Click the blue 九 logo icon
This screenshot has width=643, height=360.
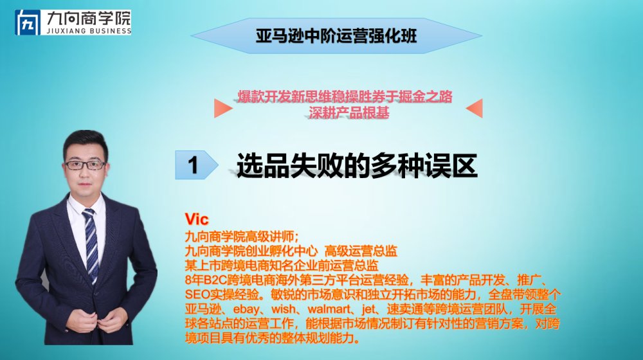pos(28,22)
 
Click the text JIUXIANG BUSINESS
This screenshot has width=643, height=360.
pos(89,31)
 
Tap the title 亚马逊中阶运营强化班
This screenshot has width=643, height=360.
pos(336,36)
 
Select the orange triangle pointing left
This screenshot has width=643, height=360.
pos(475,108)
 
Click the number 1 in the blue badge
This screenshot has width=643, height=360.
pos(193,165)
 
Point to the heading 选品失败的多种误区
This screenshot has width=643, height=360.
pos(357,166)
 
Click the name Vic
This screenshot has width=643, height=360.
pos(197,219)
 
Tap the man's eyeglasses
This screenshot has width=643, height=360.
pos(86,165)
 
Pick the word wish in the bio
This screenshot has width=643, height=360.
pos(284,309)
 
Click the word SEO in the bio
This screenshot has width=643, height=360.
pos(197,294)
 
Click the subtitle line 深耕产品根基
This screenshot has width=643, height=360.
pos(349,113)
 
